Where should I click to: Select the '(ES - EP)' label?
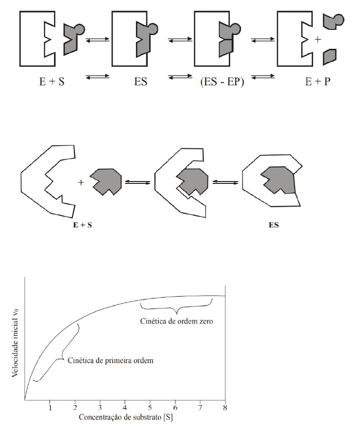(220, 81)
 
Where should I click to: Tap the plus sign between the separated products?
(317, 40)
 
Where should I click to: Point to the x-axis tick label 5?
(150, 408)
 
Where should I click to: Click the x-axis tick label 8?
(225, 408)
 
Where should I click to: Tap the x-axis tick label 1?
(50, 408)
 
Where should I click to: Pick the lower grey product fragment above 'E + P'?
(330, 56)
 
